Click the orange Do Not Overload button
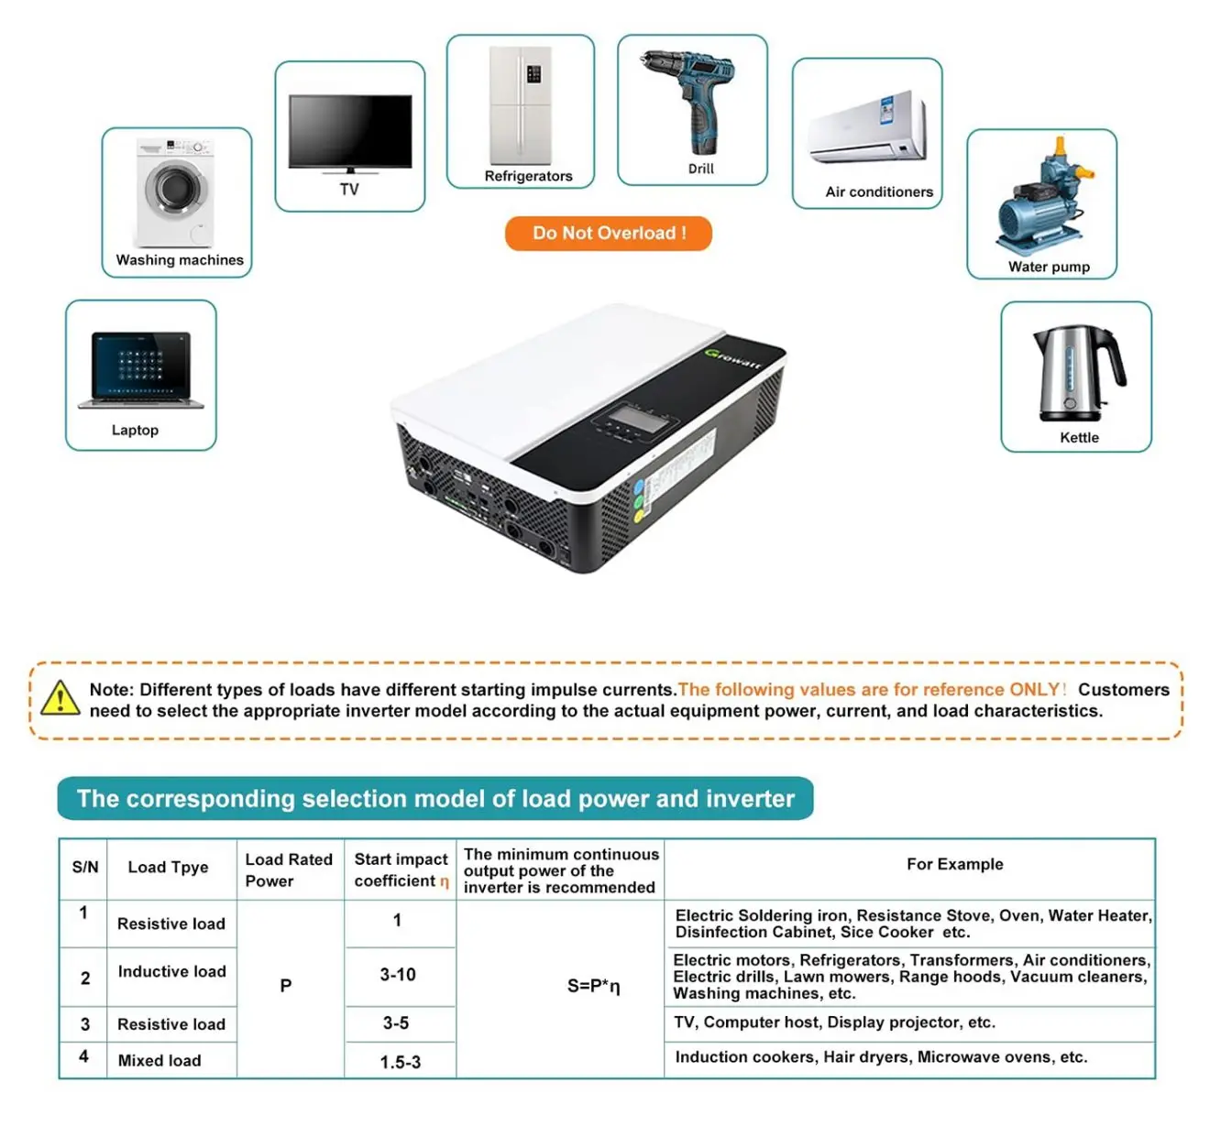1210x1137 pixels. (x=608, y=234)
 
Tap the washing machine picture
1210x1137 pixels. (x=175, y=192)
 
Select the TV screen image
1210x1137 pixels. (x=350, y=133)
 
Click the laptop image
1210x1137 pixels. (x=141, y=370)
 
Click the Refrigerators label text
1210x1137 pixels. (x=528, y=176)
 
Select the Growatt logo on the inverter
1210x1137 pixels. (x=733, y=358)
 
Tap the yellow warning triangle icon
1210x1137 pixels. (x=60, y=698)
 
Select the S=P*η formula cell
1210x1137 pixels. (x=594, y=986)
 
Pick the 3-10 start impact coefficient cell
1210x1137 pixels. (x=398, y=975)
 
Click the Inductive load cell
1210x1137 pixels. (x=171, y=971)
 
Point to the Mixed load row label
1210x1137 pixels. (x=159, y=1060)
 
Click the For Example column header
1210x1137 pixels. (x=954, y=864)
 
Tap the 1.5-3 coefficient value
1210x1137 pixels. (x=400, y=1062)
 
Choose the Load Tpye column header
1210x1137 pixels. (x=168, y=867)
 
